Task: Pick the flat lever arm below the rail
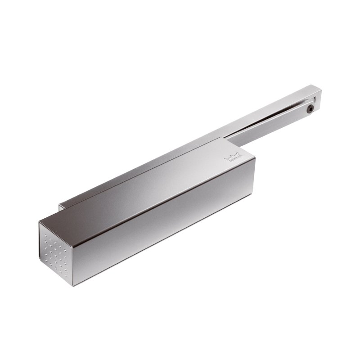(270, 119)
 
